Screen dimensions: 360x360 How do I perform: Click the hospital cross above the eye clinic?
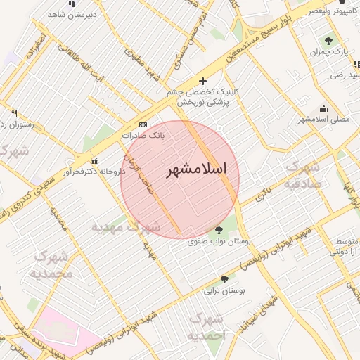(x=202, y=81)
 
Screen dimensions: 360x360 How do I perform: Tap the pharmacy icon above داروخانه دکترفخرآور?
(x=95, y=160)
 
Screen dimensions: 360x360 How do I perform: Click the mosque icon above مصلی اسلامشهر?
(x=323, y=108)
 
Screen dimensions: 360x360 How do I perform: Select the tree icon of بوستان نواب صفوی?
(x=219, y=229)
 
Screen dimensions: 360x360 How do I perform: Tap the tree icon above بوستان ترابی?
(x=224, y=278)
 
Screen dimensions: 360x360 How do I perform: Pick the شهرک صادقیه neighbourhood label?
(x=302, y=175)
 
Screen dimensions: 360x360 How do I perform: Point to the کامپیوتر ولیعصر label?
(x=334, y=12)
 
